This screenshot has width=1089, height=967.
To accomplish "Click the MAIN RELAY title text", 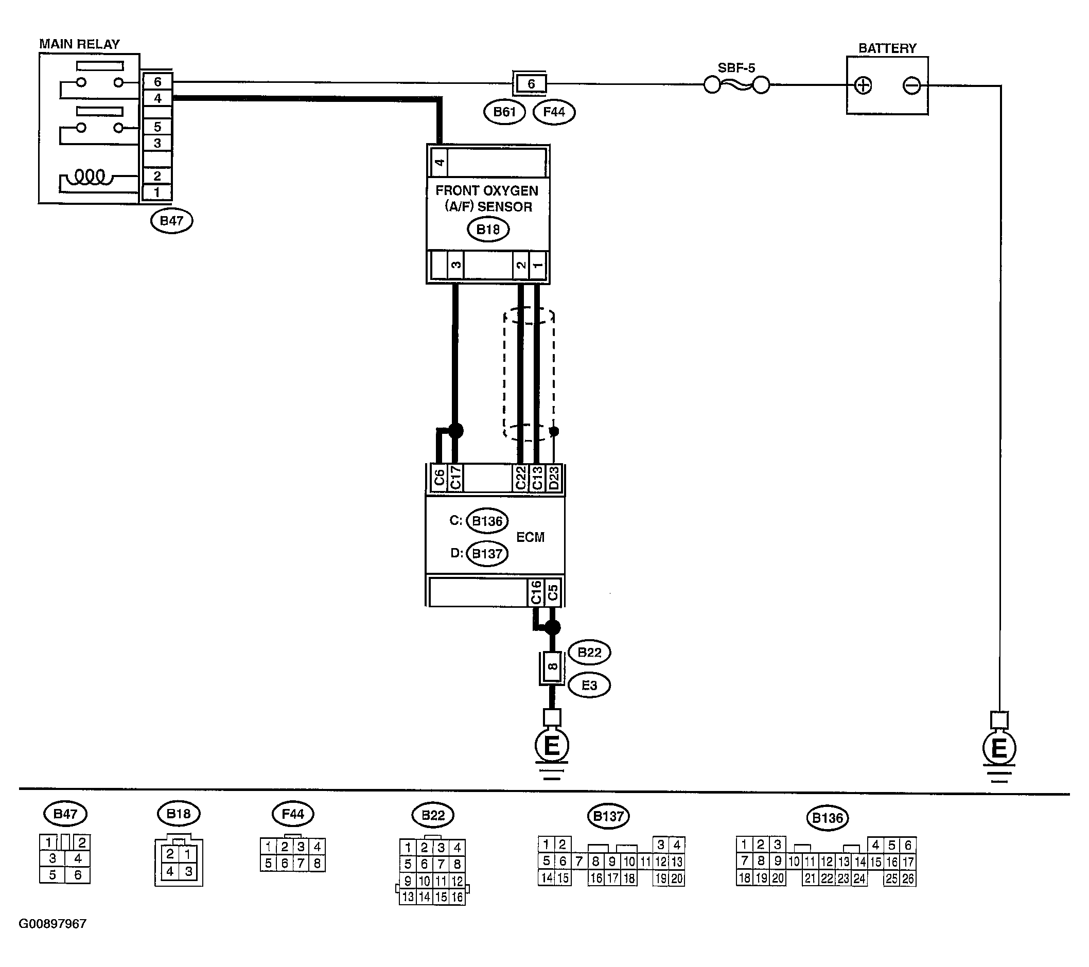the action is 79,44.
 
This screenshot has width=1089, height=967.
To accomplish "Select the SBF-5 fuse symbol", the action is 737,85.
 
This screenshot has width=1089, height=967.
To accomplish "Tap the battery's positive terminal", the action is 863,85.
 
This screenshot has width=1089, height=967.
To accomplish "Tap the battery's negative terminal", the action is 911,85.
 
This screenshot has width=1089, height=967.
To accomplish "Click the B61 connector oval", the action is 504,112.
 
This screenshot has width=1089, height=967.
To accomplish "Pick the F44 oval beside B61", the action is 554,112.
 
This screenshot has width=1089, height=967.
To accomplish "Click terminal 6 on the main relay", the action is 157,82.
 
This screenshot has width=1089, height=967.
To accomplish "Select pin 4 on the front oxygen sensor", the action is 439,162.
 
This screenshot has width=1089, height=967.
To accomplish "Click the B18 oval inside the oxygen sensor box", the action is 488,229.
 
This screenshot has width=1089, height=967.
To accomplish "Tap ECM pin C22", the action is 520,478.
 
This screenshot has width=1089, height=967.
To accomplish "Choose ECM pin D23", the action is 554,478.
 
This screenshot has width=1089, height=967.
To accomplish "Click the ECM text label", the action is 530,537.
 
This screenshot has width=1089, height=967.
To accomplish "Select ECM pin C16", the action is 536,592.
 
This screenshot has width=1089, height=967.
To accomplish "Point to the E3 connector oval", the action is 589,685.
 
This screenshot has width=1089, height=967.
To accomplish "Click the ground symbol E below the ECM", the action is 551,745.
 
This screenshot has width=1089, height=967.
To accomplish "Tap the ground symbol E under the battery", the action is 999,749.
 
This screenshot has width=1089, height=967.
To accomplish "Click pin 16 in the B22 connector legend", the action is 457,896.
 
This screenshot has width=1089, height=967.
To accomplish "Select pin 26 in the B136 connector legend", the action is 907,878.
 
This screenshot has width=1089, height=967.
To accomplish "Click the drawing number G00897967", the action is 52,924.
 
